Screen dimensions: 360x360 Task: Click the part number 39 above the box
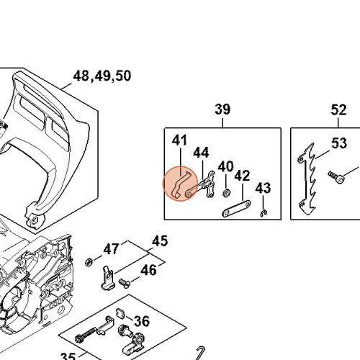(x=222, y=109)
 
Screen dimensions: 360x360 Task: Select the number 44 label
(x=201, y=153)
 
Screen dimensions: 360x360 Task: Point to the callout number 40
(x=225, y=166)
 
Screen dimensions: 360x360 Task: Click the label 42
(x=242, y=176)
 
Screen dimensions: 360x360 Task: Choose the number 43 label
(x=263, y=188)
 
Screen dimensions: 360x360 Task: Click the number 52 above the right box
(x=338, y=109)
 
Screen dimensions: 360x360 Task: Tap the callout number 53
(x=339, y=143)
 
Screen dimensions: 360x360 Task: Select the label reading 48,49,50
(x=102, y=76)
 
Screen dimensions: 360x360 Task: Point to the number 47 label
(x=111, y=249)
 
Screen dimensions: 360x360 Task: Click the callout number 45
(x=159, y=240)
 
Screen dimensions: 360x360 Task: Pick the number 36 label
(x=142, y=322)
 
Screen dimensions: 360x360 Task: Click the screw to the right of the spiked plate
(x=336, y=174)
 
